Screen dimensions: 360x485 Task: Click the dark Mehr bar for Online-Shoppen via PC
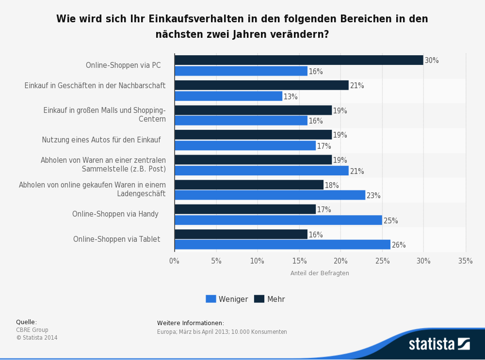click(x=299, y=60)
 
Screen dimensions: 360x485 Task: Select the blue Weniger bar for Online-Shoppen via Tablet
click(x=282, y=245)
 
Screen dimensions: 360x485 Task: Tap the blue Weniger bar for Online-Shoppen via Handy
click(x=278, y=220)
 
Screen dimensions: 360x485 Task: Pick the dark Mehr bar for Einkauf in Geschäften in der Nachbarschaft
click(x=261, y=85)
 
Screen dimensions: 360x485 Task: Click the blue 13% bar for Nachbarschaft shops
click(x=228, y=96)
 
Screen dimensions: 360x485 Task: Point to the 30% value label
click(x=432, y=61)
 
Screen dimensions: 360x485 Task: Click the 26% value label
click(x=399, y=245)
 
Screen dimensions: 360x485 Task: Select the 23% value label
click(x=373, y=196)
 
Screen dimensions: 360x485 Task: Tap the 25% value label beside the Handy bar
click(x=390, y=220)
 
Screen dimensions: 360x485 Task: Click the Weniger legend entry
click(x=227, y=299)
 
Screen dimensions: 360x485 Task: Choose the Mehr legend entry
click(x=270, y=299)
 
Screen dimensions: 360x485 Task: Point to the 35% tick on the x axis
click(x=465, y=261)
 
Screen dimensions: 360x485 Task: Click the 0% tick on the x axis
click(x=174, y=261)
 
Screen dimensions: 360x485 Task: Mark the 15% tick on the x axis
click(x=299, y=261)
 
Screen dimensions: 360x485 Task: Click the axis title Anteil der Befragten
click(x=320, y=273)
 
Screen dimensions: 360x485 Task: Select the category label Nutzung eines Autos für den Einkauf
click(x=101, y=140)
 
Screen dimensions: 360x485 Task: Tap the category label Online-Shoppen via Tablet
click(x=116, y=239)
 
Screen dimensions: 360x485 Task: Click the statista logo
click(x=439, y=344)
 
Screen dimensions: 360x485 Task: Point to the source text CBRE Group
click(x=32, y=330)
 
